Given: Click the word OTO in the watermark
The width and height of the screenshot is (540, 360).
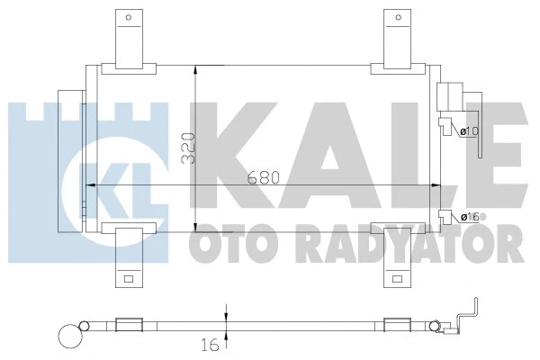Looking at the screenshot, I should click(x=225, y=242).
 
